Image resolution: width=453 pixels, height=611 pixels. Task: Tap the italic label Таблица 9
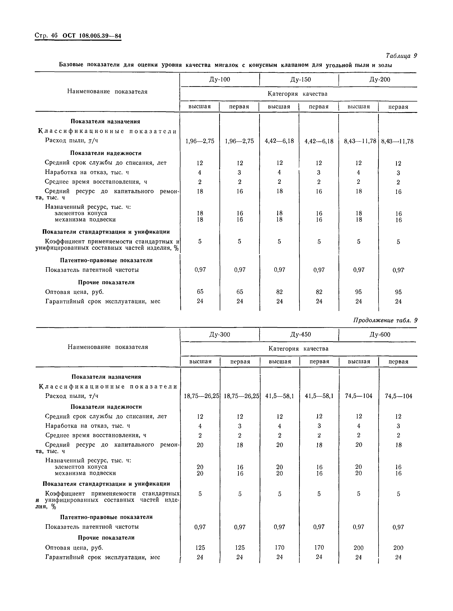tap(401, 56)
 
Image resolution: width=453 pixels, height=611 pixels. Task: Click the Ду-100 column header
tap(220, 80)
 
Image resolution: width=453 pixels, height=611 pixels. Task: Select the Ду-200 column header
tap(380, 80)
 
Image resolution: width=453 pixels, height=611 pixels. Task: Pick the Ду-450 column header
tap(301, 334)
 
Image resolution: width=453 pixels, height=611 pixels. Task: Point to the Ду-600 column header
tap(380, 334)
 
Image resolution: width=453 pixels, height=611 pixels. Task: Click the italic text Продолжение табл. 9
tap(385, 320)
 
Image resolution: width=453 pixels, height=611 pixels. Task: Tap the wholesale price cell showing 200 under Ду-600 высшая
tap(358, 548)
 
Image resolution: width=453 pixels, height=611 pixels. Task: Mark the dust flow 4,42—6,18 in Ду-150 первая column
tap(319, 141)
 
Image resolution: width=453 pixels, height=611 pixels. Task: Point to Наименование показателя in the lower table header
tap(108, 347)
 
